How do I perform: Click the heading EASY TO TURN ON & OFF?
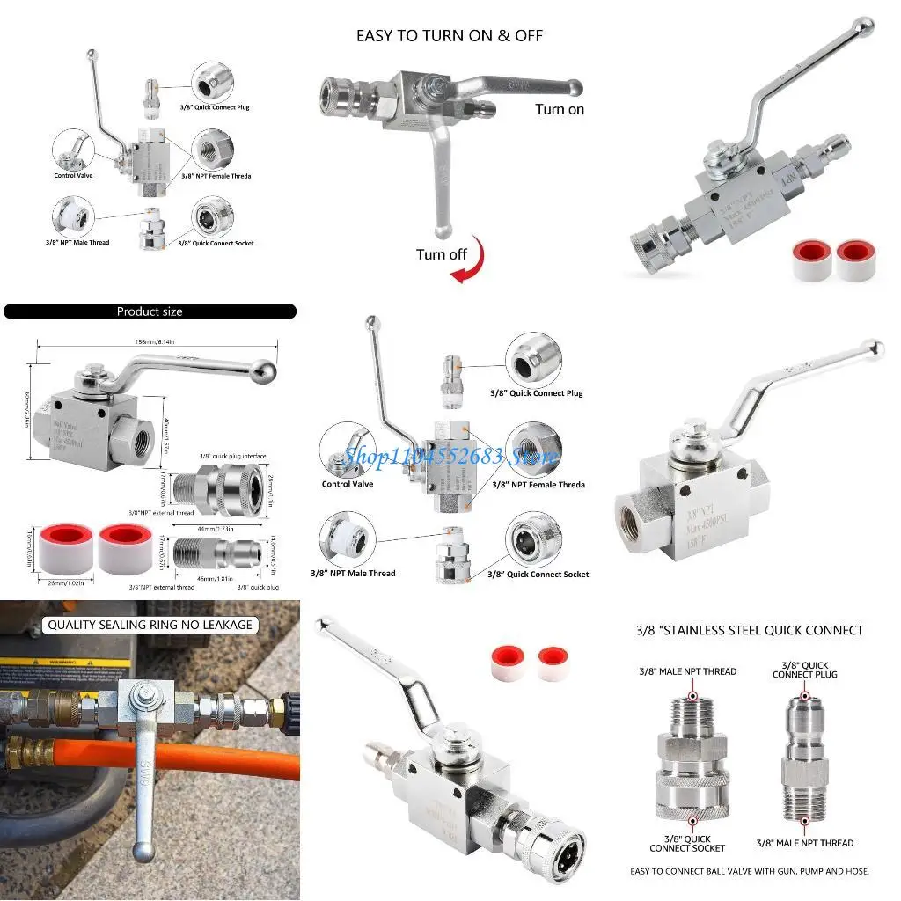449,36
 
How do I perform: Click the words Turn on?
560,109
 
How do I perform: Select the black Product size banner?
150,311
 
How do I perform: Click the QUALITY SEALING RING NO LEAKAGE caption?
150,625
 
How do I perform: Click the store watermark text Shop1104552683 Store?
450,457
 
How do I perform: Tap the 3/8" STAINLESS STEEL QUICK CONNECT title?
749,630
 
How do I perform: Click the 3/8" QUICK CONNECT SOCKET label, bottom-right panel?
687,843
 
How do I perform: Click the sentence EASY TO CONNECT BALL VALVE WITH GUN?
749,871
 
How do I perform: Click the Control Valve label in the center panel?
348,484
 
